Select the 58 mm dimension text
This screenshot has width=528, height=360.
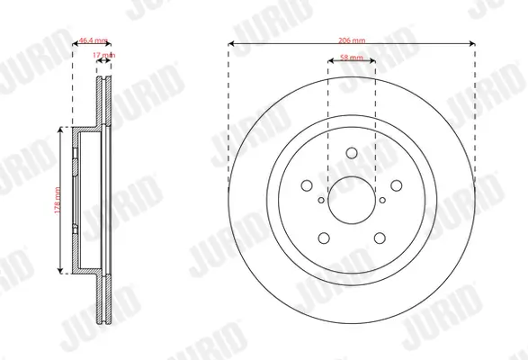(352, 58)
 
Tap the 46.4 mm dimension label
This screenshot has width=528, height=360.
(93, 40)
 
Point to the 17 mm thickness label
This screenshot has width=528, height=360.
(104, 56)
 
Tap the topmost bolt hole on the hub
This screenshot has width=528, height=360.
(352, 153)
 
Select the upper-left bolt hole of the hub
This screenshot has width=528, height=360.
(307, 185)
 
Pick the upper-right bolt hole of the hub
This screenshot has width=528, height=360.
(396, 185)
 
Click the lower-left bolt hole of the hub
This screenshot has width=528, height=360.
(324, 238)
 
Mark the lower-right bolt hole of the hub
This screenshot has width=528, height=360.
(379, 238)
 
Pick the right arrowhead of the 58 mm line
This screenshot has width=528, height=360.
(374, 63)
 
